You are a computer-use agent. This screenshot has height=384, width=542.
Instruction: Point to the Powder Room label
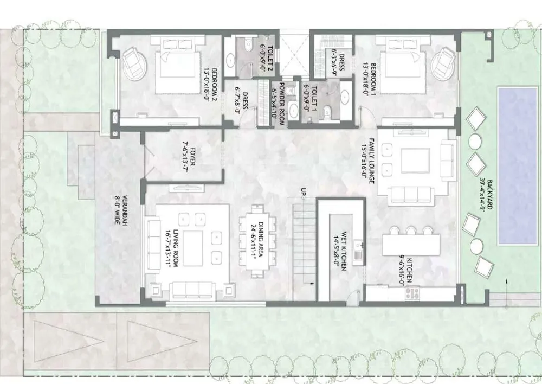(x=278, y=104)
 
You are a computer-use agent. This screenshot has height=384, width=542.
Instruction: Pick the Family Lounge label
(x=368, y=161)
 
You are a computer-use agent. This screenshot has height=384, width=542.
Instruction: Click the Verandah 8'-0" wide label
(x=121, y=212)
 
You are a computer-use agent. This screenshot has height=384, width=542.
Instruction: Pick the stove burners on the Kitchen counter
(x=412, y=293)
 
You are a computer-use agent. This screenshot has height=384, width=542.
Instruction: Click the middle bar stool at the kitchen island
(x=411, y=231)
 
